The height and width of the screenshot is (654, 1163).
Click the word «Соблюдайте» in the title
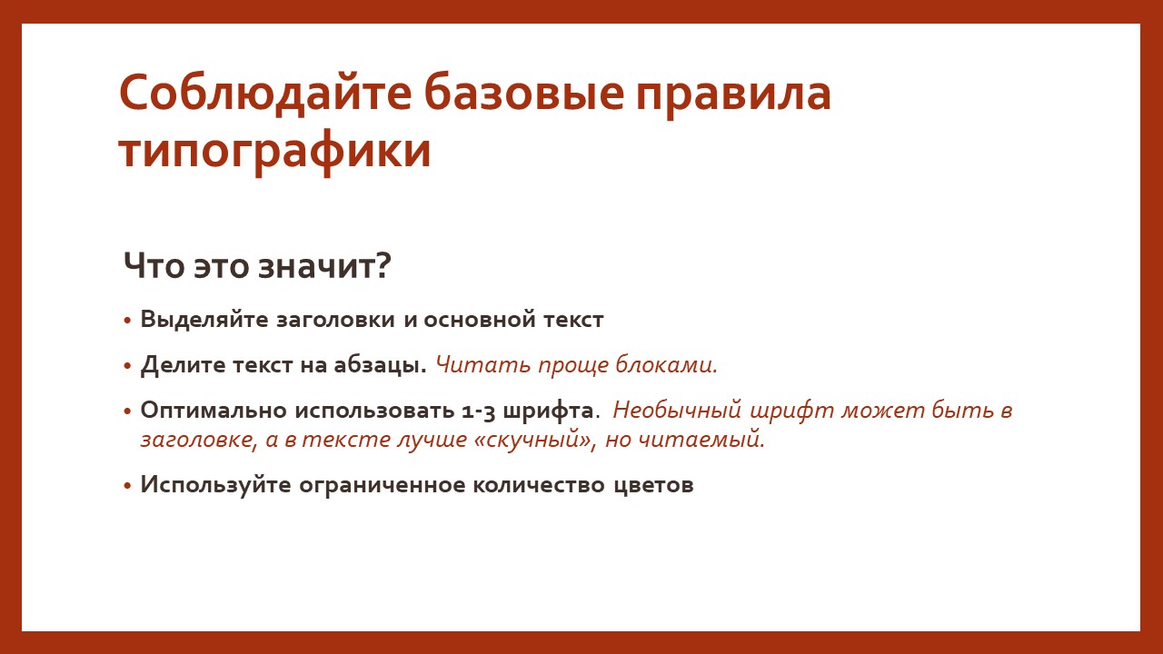click(265, 94)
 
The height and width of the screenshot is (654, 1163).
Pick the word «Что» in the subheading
click(154, 265)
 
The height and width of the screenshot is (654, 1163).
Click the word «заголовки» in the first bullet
click(335, 320)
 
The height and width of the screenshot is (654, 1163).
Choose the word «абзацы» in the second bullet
click(380, 365)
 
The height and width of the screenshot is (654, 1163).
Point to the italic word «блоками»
click(666, 364)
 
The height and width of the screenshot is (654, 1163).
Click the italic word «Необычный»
click(677, 411)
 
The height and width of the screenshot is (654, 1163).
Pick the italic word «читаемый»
click(701, 441)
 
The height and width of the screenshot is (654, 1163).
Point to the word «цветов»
click(653, 486)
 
